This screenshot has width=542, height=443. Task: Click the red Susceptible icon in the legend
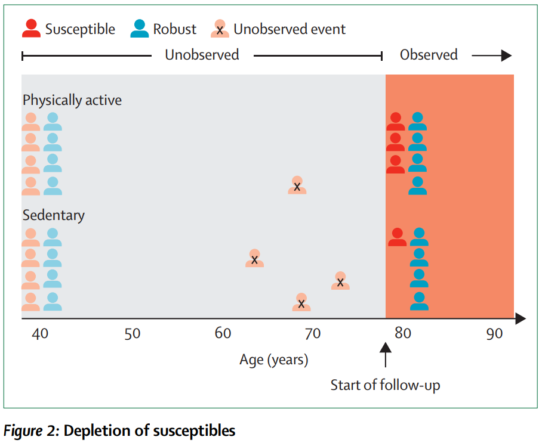pos(32,29)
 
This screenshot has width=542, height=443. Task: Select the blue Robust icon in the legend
pos(140,29)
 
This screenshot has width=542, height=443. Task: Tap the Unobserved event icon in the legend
pos(220,29)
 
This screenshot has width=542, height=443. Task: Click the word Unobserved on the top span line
pos(202,55)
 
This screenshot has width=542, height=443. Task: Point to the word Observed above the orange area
pos(429,55)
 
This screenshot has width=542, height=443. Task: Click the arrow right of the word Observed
pos(492,55)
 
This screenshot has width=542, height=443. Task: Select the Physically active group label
pos(72,100)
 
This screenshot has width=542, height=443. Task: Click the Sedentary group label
pos(54,215)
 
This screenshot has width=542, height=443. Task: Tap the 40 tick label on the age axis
pos(40,333)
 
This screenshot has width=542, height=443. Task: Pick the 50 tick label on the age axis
pos(133,333)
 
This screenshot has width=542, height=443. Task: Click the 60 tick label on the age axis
pos(223,333)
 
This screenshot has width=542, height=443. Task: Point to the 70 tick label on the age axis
pos(313,333)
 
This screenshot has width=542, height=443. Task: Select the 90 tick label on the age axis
pos(494,333)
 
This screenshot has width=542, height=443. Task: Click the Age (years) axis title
pos(274,360)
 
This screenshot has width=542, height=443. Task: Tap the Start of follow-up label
pos(385,385)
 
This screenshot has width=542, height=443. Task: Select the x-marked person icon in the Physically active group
pos(297,185)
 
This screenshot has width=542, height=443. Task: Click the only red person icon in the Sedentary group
pos(397,237)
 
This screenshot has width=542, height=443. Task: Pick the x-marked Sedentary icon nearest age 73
pos(340,281)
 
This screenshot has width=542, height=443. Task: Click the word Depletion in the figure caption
pos(93,430)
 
